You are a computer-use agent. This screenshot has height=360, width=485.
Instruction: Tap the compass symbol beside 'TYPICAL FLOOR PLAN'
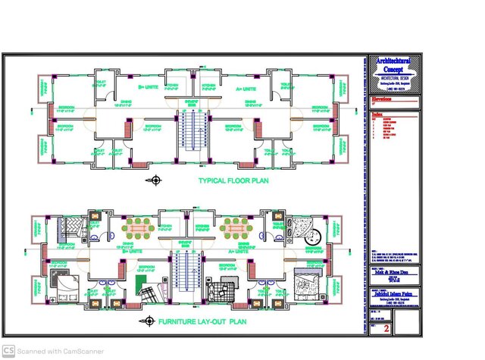(157, 180)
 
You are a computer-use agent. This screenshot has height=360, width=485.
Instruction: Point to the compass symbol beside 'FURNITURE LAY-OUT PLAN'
(145, 321)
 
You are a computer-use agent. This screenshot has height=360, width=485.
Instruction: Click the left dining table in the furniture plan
(140, 227)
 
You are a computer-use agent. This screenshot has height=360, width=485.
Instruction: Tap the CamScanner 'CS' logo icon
(8, 350)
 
